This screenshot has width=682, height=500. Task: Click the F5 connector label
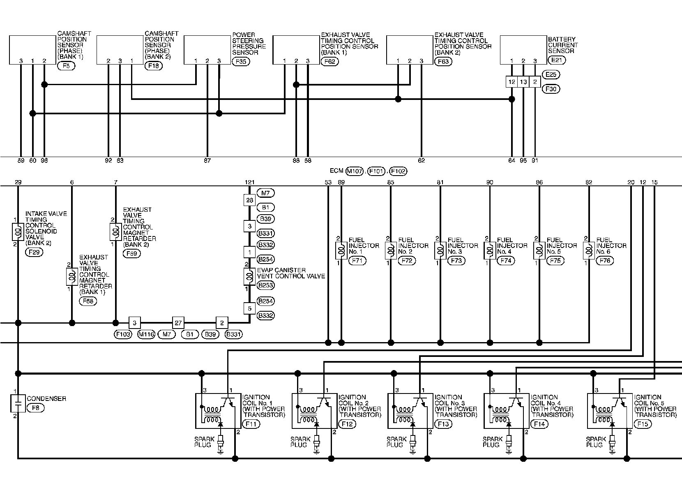point(66,66)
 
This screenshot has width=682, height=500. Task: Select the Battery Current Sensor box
point(523,50)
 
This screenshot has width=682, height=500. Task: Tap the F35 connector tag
point(240,62)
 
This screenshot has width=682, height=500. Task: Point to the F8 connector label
point(35,408)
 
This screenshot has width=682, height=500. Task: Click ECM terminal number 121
point(249,182)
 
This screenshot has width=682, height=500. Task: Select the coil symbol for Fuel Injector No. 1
point(341,251)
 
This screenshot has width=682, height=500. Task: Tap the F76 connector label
point(605,261)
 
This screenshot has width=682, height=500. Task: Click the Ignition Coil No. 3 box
point(410,411)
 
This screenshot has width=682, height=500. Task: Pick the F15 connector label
point(643,424)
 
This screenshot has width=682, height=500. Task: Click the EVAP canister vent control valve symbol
point(249,277)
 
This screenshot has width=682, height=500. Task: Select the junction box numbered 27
point(178,323)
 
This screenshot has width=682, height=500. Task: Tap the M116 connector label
point(146,335)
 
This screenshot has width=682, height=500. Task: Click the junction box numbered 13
point(523,82)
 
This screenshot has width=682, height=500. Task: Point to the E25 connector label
point(551,75)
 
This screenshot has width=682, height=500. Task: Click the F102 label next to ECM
point(398,171)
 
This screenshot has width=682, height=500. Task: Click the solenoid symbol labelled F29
point(18,231)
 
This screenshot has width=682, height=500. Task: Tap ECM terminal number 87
point(207,161)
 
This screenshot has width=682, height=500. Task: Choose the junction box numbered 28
point(249,200)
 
